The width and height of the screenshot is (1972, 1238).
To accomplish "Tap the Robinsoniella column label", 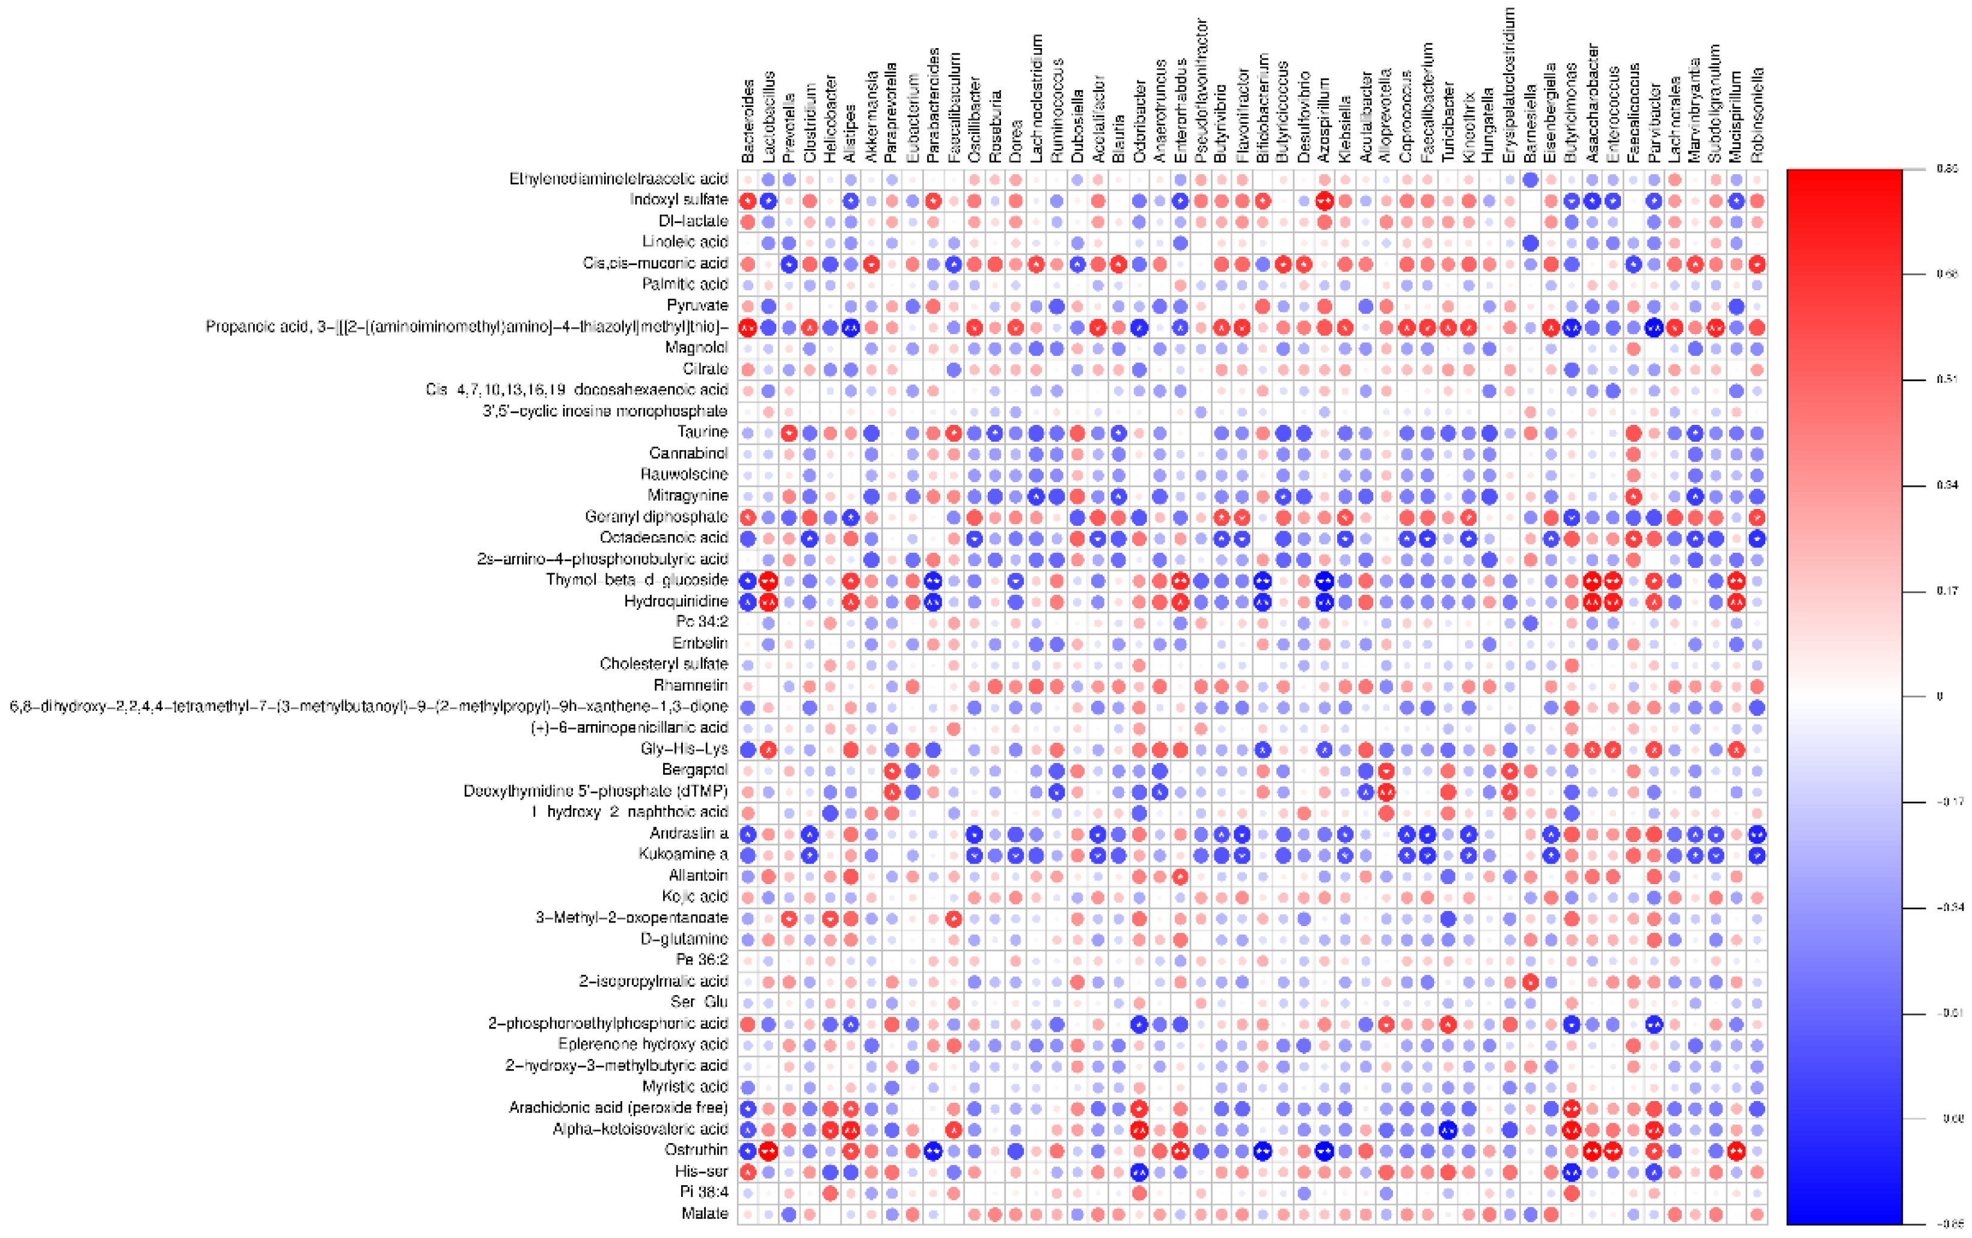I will (1757, 115).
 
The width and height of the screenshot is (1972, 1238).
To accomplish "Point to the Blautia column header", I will (1119, 131).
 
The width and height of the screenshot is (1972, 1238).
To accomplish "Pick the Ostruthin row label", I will (696, 1150).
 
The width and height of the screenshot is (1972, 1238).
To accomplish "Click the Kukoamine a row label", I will (683, 854).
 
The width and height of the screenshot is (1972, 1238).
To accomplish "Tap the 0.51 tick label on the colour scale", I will (1947, 380).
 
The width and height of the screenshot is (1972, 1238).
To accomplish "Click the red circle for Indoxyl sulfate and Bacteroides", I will (748, 201).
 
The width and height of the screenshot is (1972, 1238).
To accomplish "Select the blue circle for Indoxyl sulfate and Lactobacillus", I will (768, 201).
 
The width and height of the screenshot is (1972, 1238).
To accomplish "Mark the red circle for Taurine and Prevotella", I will (789, 432).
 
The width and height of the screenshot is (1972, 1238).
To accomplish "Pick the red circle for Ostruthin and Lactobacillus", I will (768, 1150).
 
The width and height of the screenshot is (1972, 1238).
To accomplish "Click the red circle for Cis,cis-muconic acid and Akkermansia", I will (871, 264).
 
